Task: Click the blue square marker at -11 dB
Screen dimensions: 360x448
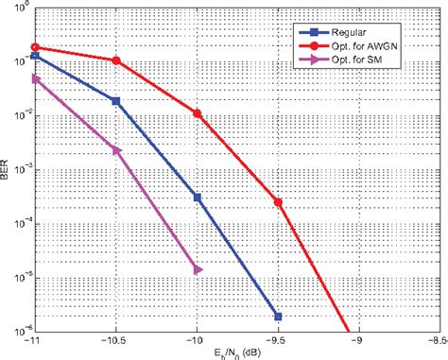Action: click(x=35, y=56)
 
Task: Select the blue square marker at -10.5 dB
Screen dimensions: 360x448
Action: click(x=116, y=100)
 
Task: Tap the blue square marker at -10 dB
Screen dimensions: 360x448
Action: click(x=198, y=197)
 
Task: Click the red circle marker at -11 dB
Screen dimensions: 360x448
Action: click(x=35, y=46)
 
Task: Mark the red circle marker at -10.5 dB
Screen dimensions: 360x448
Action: click(x=116, y=60)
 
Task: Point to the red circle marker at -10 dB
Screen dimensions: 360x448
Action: click(x=198, y=113)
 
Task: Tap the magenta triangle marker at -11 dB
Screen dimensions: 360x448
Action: click(x=35, y=79)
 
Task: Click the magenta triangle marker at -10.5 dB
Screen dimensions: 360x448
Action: click(x=116, y=150)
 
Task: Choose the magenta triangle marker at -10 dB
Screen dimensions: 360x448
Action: click(x=198, y=270)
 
